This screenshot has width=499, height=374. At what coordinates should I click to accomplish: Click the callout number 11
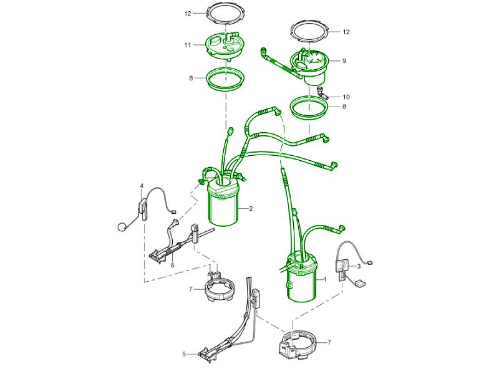188,45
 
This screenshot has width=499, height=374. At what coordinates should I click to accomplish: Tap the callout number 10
346,97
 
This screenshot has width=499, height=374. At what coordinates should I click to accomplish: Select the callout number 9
344,60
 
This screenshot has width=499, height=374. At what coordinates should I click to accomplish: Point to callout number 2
251,209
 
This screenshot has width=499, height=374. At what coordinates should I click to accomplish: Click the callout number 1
325,279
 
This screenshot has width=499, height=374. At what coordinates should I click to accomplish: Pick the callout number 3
359,266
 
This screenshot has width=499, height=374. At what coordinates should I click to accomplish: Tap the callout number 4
142,186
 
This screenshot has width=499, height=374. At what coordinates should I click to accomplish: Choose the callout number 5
184,353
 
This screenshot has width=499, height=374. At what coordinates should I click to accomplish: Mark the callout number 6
173,266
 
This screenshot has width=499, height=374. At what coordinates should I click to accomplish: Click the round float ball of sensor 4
122,227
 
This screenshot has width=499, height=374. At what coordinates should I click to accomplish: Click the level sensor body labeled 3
342,266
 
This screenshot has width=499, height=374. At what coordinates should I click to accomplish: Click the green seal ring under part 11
226,80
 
